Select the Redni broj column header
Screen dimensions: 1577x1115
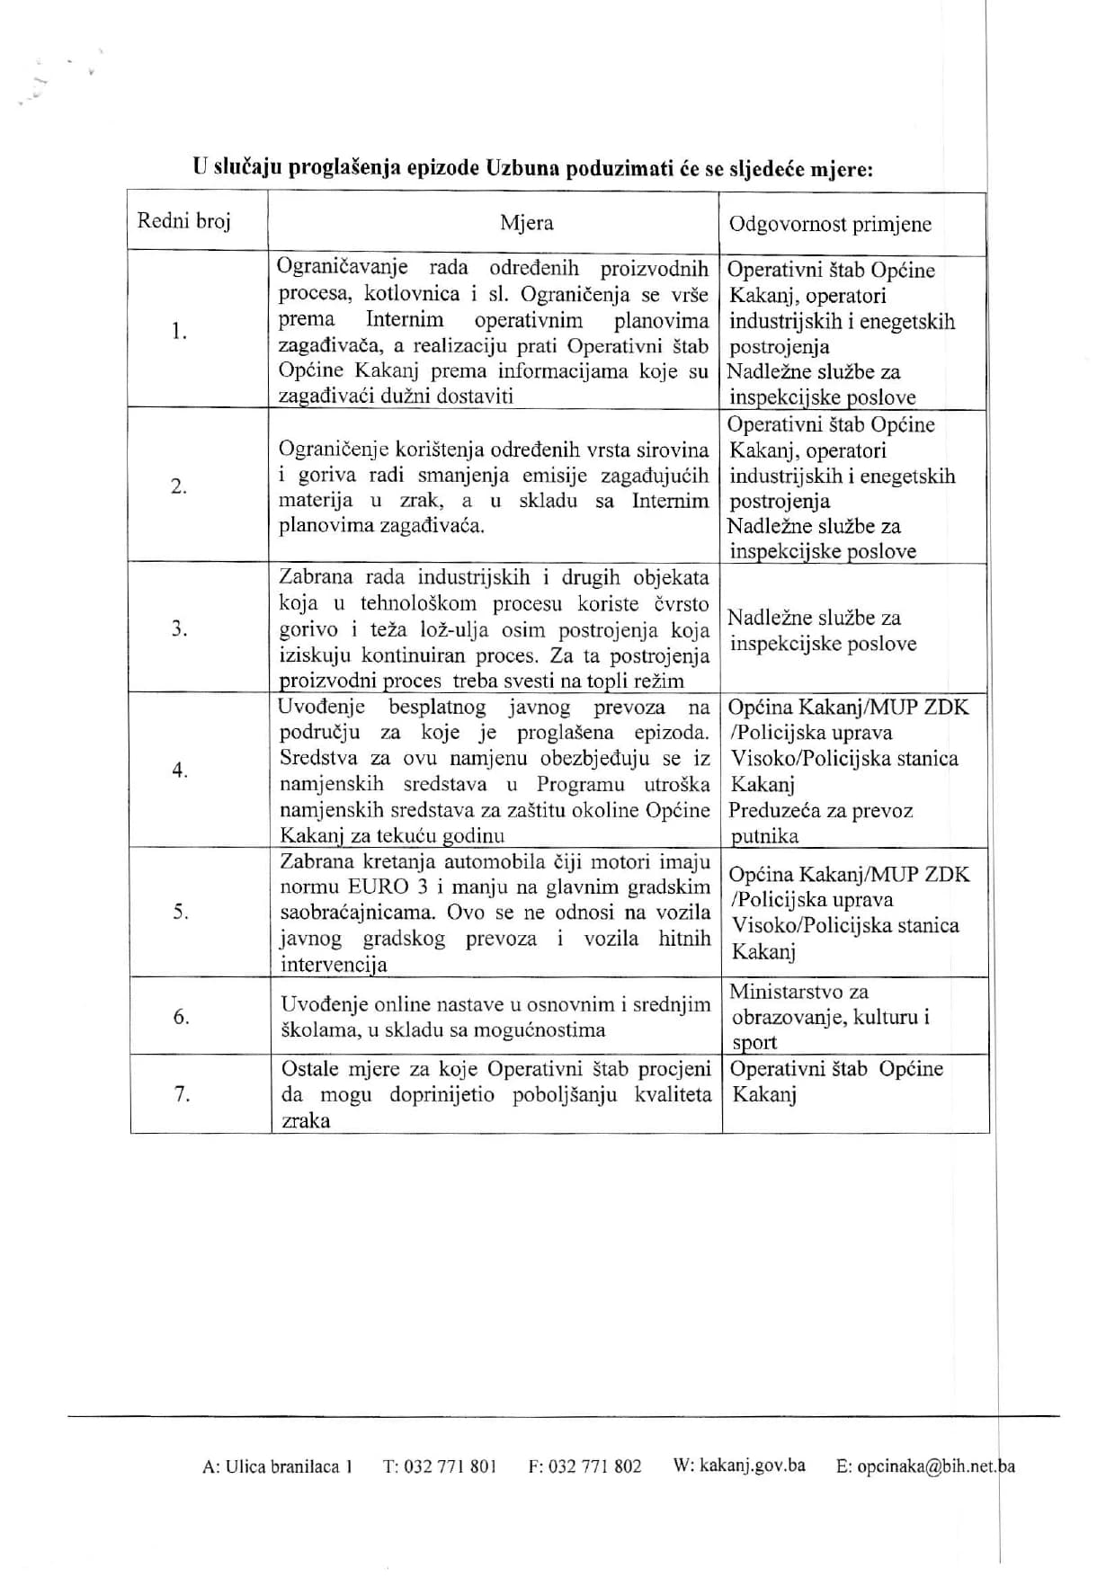coord(183,220)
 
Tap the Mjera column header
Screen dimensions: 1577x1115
coord(527,222)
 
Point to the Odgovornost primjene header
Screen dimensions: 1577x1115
coord(830,224)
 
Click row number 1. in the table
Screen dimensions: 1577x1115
coord(180,332)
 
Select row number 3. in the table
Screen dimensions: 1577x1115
coord(180,628)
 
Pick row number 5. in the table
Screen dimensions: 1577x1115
coord(181,913)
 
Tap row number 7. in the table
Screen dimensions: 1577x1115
coord(182,1095)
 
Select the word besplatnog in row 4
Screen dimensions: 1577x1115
coord(438,707)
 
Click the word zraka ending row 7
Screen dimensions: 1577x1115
coord(306,1121)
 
